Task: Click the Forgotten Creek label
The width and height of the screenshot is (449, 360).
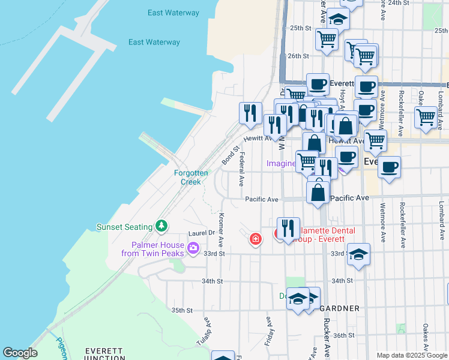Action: click(191, 177)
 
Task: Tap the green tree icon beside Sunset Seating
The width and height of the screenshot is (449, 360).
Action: click(161, 226)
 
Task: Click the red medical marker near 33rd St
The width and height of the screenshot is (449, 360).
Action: click(256, 239)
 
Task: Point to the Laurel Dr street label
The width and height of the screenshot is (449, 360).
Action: click(201, 233)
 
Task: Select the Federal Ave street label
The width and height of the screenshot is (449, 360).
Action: click(241, 168)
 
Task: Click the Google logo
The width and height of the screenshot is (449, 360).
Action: click(20, 353)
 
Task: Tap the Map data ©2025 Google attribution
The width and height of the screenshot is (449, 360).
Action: click(412, 355)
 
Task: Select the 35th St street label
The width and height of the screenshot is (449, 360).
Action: click(181, 310)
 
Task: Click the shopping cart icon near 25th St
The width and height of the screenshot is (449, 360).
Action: click(327, 40)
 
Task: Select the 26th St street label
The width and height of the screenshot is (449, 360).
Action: click(297, 56)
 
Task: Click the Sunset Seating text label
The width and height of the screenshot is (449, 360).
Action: click(124, 227)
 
